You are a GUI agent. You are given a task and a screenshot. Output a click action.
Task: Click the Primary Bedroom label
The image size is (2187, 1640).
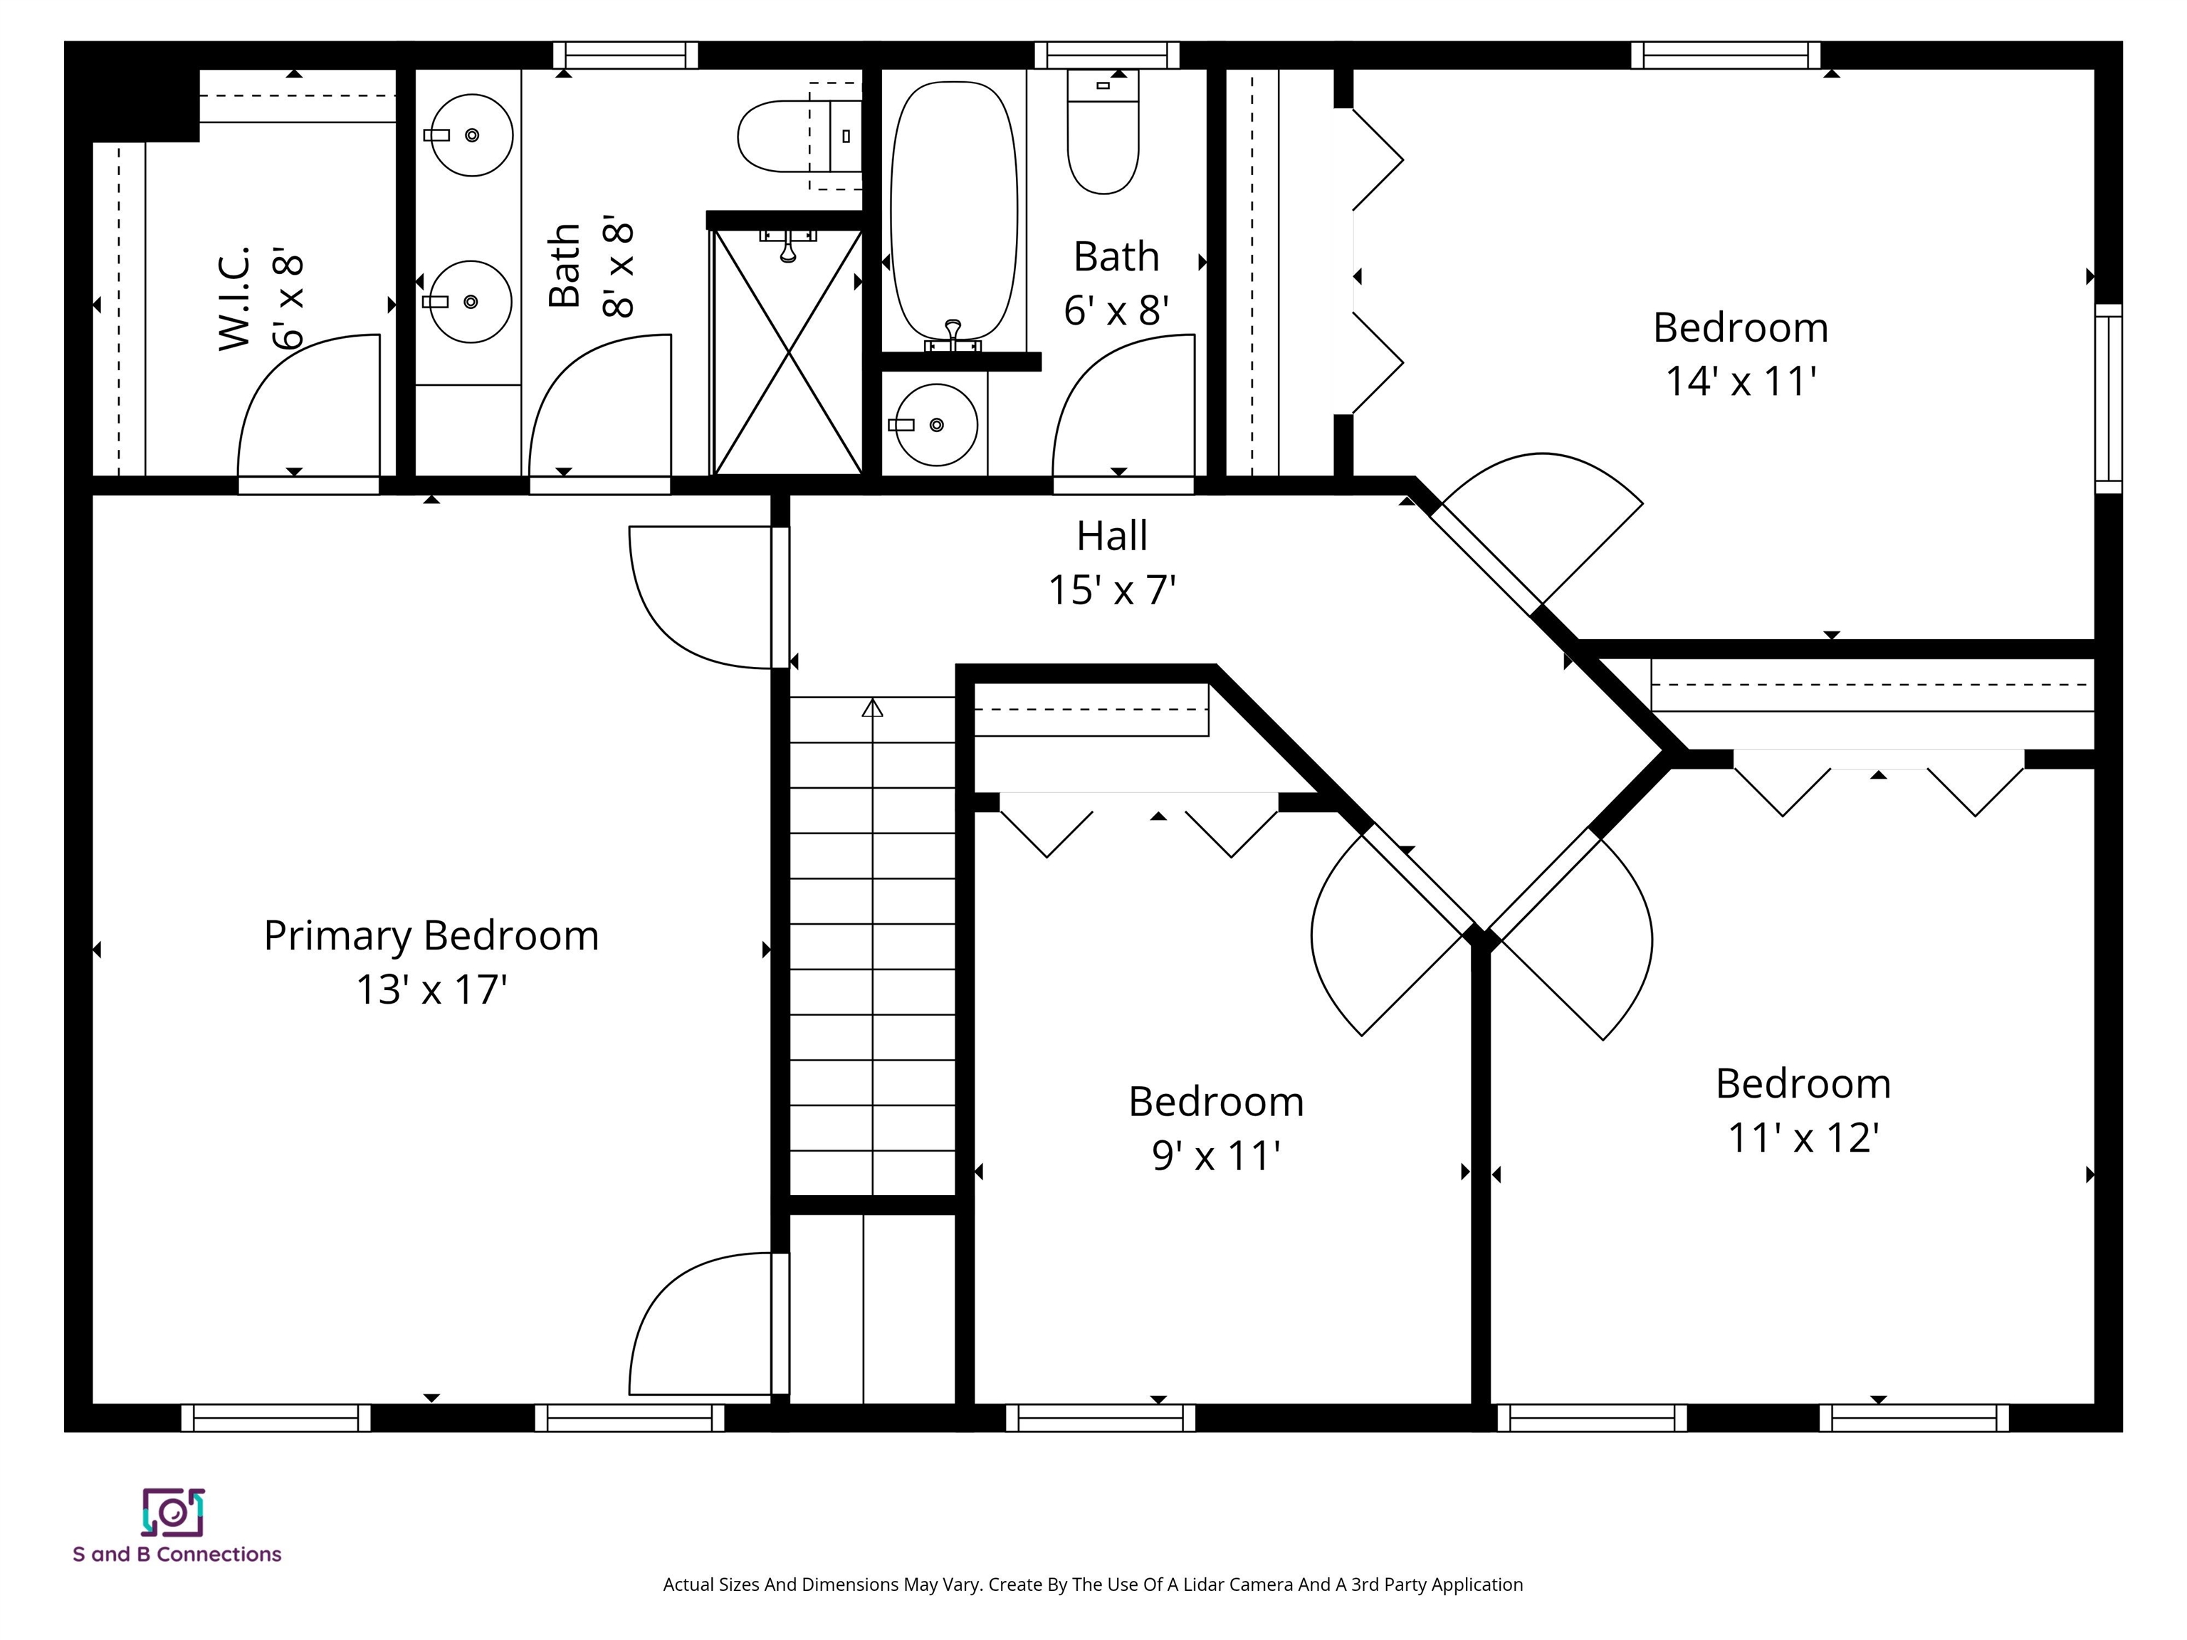pyautogui.click(x=431, y=936)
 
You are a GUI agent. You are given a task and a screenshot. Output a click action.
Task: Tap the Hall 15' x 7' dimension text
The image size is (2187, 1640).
pyautogui.click(x=1112, y=590)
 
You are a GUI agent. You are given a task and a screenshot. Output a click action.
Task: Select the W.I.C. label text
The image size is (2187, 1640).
pyautogui.click(x=234, y=298)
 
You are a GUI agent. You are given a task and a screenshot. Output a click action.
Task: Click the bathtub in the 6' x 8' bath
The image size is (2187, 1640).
pyautogui.click(x=954, y=213)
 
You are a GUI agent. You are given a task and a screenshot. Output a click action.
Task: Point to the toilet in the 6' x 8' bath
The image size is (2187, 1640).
pyautogui.click(x=1103, y=132)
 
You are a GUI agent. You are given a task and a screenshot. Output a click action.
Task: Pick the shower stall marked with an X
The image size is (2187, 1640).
pyautogui.click(x=788, y=352)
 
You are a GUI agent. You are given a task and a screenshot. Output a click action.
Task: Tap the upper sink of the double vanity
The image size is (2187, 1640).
pyautogui.click(x=470, y=135)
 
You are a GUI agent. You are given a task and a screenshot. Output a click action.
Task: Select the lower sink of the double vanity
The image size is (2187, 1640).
pyautogui.click(x=470, y=302)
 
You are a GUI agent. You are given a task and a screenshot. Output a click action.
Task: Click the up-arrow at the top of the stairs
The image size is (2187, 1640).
pyautogui.click(x=872, y=707)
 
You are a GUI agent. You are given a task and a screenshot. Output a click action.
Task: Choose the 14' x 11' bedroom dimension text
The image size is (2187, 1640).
pyautogui.click(x=1741, y=382)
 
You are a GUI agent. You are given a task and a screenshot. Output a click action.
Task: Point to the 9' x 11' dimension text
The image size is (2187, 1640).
pyautogui.click(x=1216, y=1155)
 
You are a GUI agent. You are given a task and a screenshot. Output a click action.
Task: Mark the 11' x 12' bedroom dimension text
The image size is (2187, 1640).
pyautogui.click(x=1803, y=1137)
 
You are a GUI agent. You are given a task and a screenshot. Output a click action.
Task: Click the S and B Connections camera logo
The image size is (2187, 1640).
pyautogui.click(x=173, y=1513)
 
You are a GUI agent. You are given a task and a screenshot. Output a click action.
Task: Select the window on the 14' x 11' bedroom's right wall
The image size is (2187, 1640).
pyautogui.click(x=2109, y=399)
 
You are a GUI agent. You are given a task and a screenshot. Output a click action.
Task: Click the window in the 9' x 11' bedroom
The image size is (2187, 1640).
pyautogui.click(x=1101, y=1418)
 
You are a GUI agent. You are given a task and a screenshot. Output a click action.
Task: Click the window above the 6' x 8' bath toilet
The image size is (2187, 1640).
pyautogui.click(x=1107, y=56)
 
